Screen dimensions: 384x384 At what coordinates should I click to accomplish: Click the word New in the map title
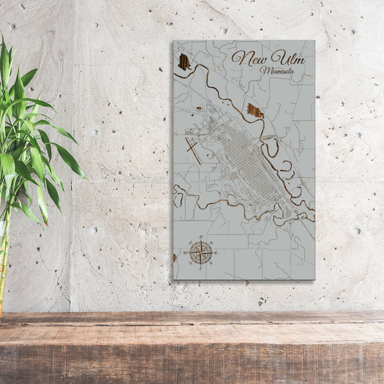point(246,58)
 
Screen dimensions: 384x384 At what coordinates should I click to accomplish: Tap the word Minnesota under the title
point(278,71)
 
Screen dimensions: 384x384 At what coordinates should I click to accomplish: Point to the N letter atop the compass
point(201,239)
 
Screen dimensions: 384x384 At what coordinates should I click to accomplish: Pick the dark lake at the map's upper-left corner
point(184,62)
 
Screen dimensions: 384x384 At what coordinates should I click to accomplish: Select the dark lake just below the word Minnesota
point(254,110)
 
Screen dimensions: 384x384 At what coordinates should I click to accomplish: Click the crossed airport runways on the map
point(193,150)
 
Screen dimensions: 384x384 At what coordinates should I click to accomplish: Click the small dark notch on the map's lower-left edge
point(174,257)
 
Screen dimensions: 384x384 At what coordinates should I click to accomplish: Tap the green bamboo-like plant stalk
point(4,267)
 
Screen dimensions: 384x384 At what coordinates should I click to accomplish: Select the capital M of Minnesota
point(267,71)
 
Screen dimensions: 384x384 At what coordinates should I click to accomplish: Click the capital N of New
point(238,58)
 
